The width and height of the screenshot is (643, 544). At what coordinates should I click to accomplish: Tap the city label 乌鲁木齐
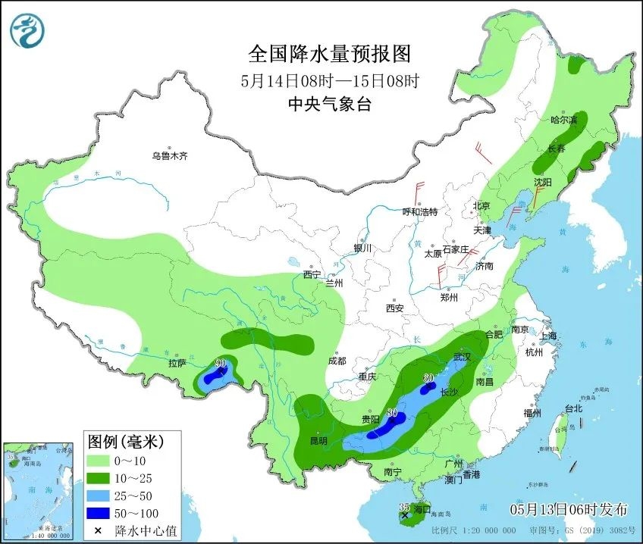169,156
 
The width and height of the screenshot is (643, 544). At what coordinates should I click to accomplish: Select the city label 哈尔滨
563,120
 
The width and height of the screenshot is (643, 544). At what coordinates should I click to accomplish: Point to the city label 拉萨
177,363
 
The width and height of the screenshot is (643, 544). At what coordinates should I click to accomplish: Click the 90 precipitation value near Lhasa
221,364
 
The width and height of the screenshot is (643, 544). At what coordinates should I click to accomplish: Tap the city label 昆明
318,440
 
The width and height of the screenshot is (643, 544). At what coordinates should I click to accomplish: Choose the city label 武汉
462,357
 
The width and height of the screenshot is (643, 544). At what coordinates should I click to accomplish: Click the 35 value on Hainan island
403,506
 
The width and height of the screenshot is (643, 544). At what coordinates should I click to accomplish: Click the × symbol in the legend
99,530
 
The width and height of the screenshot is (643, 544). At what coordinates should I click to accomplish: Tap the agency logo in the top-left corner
27,29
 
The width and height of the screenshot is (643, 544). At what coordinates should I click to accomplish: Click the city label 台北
573,408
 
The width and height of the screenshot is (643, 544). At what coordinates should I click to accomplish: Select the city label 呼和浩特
419,212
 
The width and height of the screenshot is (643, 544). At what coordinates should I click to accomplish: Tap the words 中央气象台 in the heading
329,105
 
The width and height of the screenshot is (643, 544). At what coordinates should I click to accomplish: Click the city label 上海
548,336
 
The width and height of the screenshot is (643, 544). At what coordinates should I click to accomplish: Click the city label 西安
394,308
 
